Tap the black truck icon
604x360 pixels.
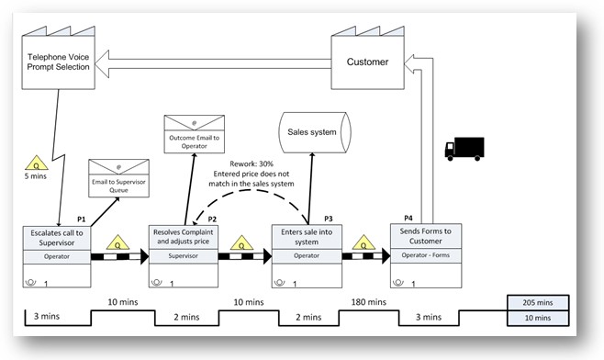click(464, 149)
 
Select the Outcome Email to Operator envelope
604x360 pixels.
click(194, 134)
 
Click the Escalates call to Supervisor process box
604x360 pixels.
click(57, 237)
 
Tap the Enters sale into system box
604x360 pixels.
click(307, 237)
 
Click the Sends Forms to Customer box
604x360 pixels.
click(426, 237)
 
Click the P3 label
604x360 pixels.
click(328, 219)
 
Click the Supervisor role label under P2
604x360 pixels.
click(183, 257)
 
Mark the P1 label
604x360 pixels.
click(81, 219)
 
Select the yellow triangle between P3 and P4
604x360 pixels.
click(362, 243)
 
